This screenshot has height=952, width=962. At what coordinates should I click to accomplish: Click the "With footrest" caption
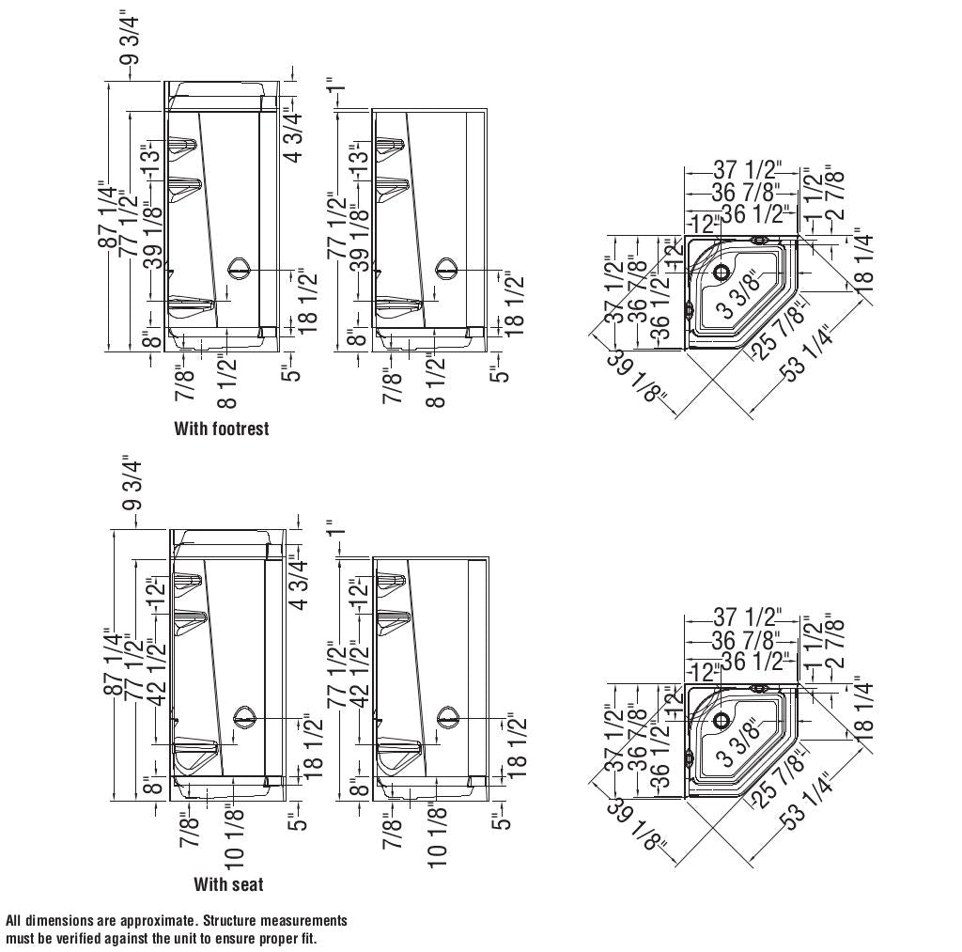coord(221,429)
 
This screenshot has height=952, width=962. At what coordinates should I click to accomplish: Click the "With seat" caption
coord(228,884)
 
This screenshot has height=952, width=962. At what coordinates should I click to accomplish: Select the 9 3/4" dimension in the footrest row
coord(131,39)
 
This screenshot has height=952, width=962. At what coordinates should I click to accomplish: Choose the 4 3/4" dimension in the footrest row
coord(293,137)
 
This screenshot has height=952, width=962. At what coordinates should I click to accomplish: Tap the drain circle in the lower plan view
coord(722,722)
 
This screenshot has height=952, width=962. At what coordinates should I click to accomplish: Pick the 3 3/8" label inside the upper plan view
coord(737,296)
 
